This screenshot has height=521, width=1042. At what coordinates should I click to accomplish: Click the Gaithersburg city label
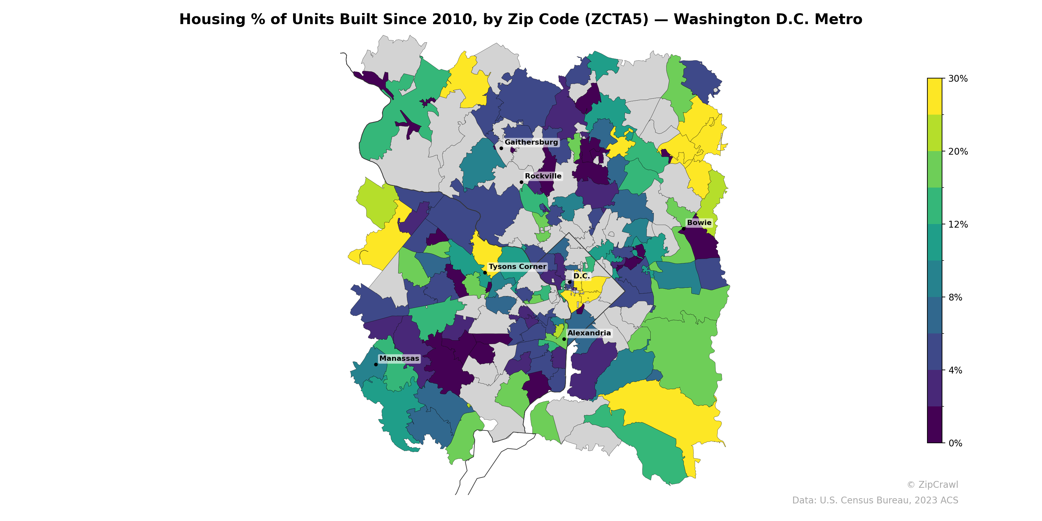click(531, 142)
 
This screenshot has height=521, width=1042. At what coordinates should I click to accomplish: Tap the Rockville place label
click(543, 176)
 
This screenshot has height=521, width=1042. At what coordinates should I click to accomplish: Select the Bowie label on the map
click(699, 223)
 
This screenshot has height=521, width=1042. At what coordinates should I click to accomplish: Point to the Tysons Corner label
click(517, 267)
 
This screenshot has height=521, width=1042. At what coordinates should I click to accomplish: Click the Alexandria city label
click(589, 333)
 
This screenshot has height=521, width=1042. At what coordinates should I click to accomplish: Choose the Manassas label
click(399, 359)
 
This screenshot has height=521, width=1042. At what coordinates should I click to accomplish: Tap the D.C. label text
click(581, 276)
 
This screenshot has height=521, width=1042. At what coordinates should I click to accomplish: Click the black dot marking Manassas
click(376, 364)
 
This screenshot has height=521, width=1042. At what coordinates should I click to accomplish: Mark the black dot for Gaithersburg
click(501, 148)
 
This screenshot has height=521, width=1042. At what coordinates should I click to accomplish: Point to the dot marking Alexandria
click(564, 339)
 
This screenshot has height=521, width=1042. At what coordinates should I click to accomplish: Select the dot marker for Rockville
click(521, 182)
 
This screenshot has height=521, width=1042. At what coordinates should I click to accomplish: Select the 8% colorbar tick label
click(955, 297)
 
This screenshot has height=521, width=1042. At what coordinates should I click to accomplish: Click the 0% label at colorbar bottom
click(955, 443)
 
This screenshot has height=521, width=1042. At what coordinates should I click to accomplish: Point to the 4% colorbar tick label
click(955, 371)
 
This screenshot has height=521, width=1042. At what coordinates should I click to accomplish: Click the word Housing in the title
click(212, 20)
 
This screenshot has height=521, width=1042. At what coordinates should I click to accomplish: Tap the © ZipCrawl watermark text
click(932, 485)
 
